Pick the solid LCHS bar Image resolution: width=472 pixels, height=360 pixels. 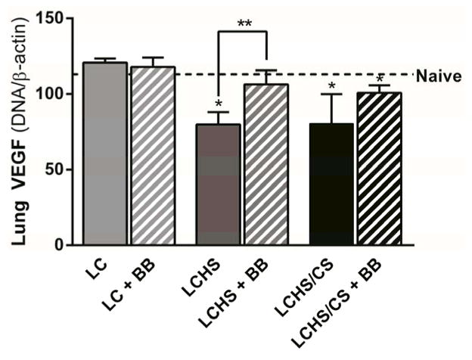click(x=218, y=185)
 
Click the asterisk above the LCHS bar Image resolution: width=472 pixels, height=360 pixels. click(x=218, y=104)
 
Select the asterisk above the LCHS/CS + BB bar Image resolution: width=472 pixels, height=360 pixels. click(x=379, y=78)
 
